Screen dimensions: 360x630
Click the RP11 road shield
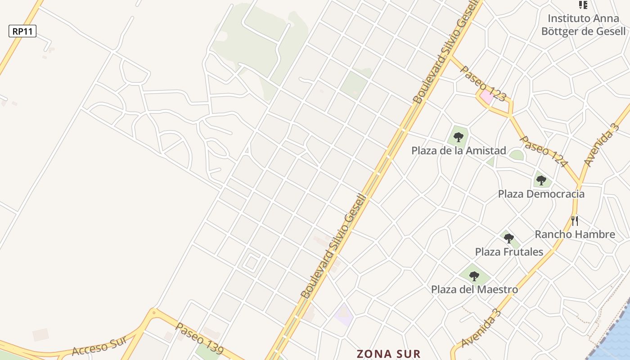[x=22, y=31]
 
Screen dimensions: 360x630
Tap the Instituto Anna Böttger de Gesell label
[x=583, y=25]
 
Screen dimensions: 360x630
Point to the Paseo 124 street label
[x=542, y=151]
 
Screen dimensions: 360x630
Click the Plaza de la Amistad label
[x=459, y=151]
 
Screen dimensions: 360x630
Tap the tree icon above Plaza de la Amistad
[x=459, y=137]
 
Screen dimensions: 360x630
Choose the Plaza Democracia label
[x=541, y=194]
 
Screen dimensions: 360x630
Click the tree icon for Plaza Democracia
[x=541, y=180]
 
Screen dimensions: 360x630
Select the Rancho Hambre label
[x=575, y=234]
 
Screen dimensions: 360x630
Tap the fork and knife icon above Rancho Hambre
[x=574, y=220]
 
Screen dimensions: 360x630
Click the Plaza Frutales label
[x=509, y=252]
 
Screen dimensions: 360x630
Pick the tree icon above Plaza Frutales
[x=508, y=238]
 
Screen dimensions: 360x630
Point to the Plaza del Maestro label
[x=474, y=289]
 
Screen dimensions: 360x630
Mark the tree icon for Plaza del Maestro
[x=474, y=276]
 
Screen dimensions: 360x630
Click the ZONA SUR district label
[x=389, y=354]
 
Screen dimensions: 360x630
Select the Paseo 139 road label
[x=199, y=338]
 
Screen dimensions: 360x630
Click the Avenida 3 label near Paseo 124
[x=601, y=145]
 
